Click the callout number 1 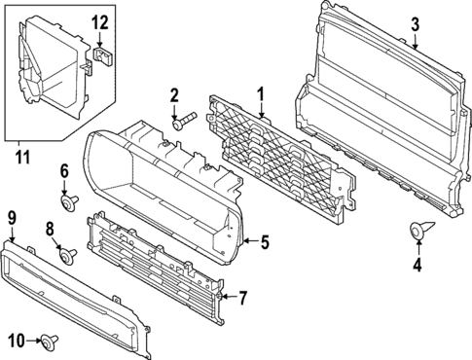pos(261,94)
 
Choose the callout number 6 pos(65,171)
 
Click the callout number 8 pos(50,229)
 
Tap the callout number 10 pos(16,340)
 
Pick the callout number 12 pos(101,22)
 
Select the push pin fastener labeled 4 pos(418,232)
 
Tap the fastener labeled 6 pos(70,202)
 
